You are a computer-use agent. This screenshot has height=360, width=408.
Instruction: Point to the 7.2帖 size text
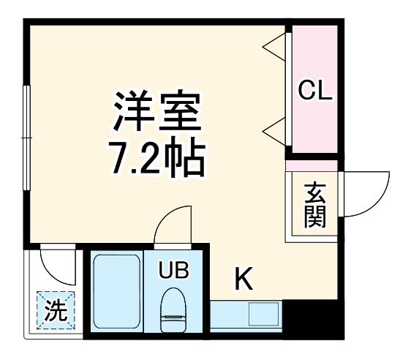pyautogui.click(x=155, y=157)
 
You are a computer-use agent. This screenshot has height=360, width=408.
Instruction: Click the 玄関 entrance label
pyautogui.click(x=314, y=205)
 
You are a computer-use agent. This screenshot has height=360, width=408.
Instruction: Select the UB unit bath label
pyautogui.click(x=175, y=271)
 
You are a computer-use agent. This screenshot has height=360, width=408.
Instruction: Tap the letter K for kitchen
pyautogui.click(x=243, y=279)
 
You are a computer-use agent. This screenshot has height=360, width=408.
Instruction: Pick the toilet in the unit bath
pyautogui.click(x=174, y=307)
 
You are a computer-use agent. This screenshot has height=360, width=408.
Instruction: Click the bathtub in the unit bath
pyautogui.click(x=116, y=293)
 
